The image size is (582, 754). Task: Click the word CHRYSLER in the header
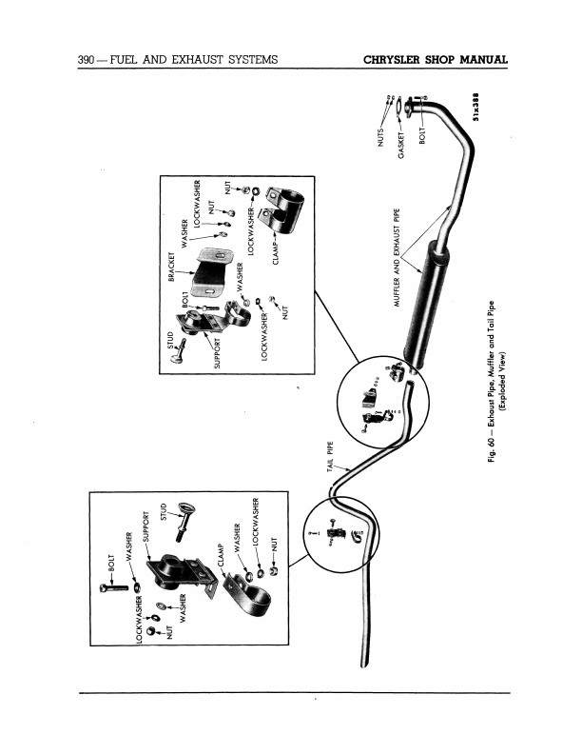[x=392, y=60]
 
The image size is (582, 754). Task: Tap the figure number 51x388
[x=475, y=107]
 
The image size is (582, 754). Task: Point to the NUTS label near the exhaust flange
[x=380, y=136]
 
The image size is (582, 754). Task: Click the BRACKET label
[x=171, y=267]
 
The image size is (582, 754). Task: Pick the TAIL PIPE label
[x=330, y=456]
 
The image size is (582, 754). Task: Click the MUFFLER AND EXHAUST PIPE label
[x=397, y=258]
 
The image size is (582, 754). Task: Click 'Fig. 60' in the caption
[x=491, y=448]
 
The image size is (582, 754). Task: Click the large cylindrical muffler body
[x=426, y=305]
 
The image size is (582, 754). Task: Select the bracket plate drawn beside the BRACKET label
[x=212, y=271]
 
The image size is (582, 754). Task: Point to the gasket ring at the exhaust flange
[x=399, y=108]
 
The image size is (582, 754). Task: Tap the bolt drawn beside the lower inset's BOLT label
[x=114, y=587]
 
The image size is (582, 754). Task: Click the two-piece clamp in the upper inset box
[x=281, y=206]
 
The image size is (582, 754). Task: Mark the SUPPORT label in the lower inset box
[x=146, y=526]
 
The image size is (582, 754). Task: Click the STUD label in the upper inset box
[x=171, y=340]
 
